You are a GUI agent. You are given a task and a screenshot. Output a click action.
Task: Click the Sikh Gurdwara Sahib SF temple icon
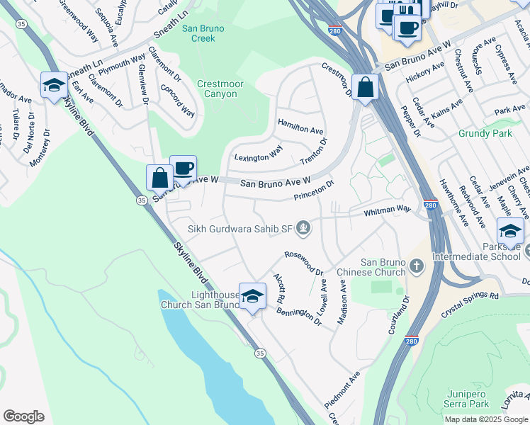point(303,228)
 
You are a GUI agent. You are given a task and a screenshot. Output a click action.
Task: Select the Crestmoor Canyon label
point(220,88)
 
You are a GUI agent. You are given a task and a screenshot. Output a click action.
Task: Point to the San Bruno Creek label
point(203,33)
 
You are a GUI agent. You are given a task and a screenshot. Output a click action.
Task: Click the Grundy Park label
point(465,133)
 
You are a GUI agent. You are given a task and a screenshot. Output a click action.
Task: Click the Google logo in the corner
point(23,416)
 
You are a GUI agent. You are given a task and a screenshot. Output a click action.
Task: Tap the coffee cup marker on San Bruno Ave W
point(183,169)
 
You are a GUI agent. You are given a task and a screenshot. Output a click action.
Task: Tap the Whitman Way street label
point(387,210)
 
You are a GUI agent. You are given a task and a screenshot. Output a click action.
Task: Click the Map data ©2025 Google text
point(485,419)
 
